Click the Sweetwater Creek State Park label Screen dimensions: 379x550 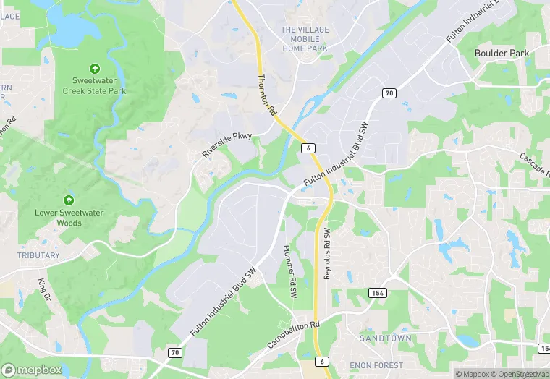(94, 85)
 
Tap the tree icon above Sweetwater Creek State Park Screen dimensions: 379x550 (94, 67)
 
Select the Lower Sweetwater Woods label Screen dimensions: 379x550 (69, 218)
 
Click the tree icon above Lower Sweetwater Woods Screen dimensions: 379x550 (69, 199)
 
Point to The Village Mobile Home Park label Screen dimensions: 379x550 (305, 39)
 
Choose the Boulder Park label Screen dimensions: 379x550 (502, 53)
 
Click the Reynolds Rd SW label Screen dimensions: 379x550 (326, 255)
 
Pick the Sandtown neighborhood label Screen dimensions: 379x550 (386, 338)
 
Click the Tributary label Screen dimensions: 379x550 (38, 255)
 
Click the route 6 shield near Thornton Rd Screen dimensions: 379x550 (309, 148)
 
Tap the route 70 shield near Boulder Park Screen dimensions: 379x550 (389, 93)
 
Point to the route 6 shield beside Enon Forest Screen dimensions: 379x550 (322, 362)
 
